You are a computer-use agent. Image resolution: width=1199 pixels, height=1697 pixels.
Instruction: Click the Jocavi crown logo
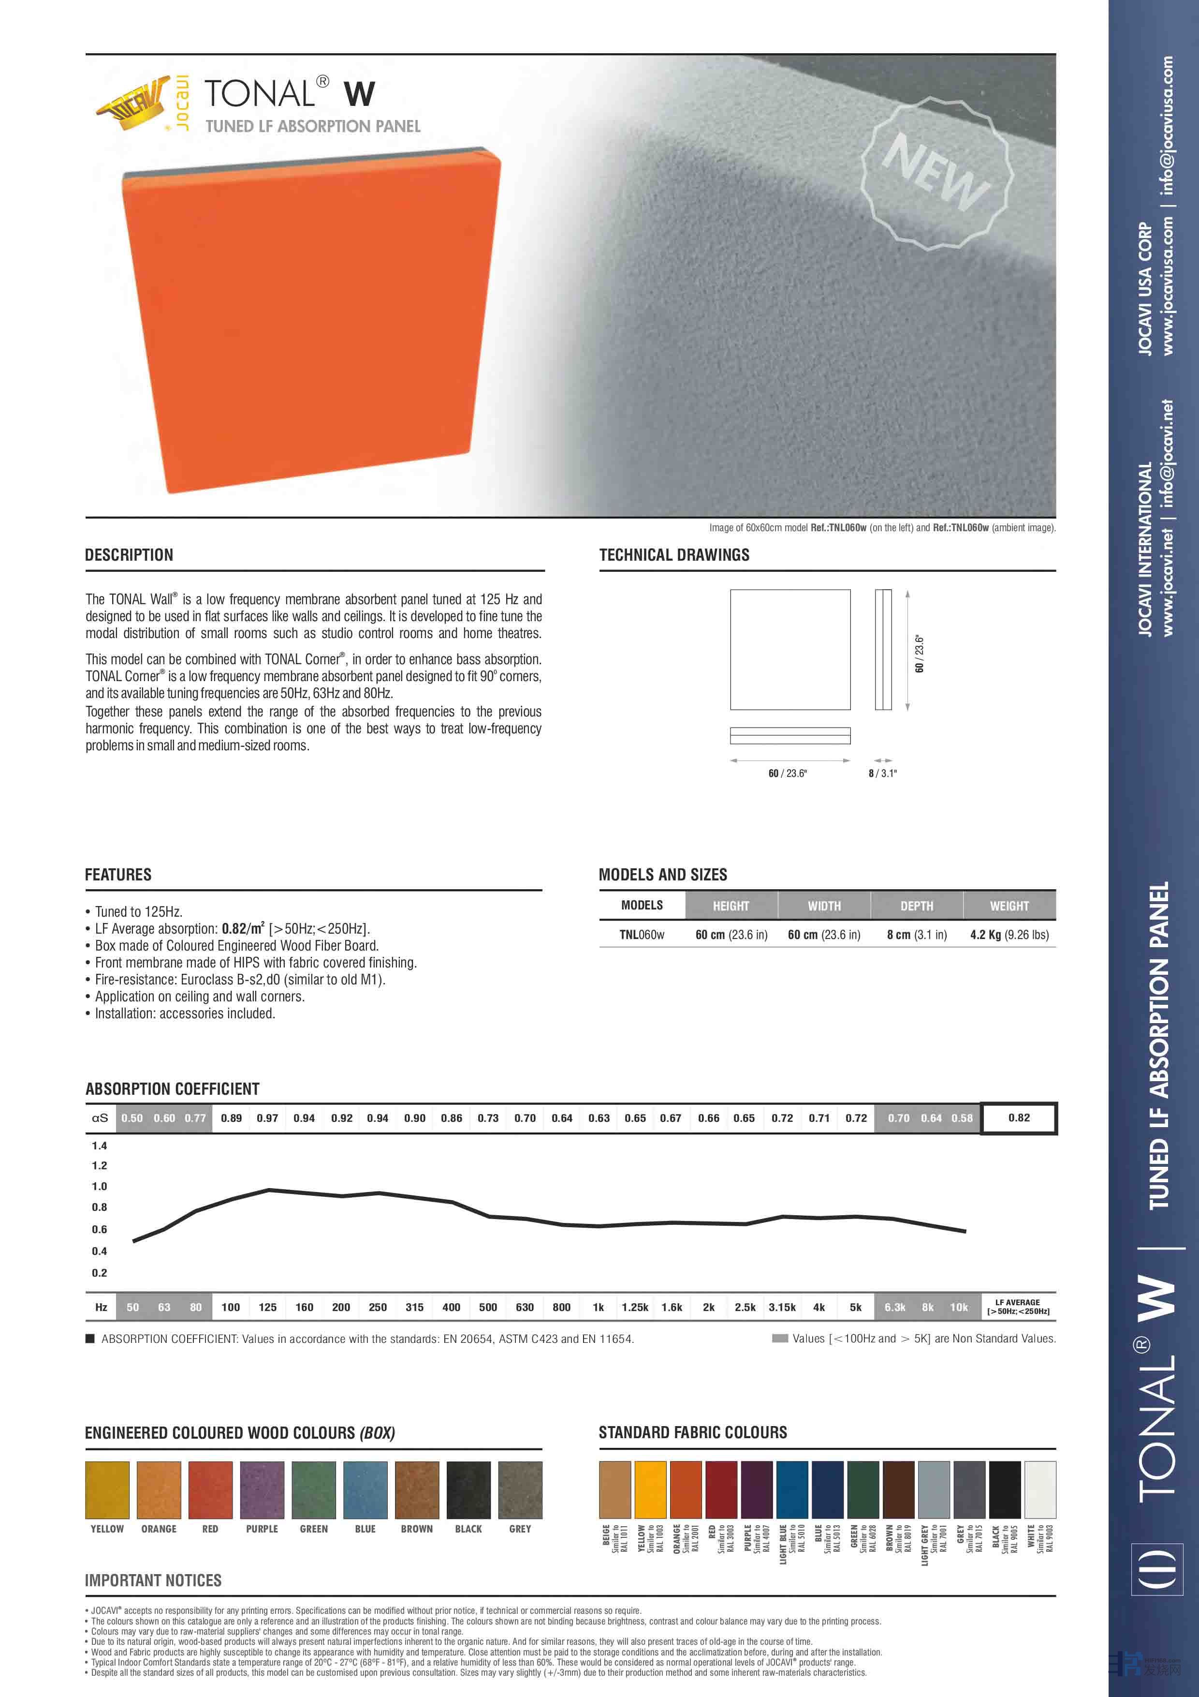tap(132, 105)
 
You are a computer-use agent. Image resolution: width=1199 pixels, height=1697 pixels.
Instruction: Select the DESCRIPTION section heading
tap(129, 555)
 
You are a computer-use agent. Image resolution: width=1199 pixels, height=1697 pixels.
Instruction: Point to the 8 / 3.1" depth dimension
tap(883, 773)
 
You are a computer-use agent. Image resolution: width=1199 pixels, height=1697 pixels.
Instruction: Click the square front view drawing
tap(790, 649)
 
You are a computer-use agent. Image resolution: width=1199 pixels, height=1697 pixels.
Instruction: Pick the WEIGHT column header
tap(1009, 906)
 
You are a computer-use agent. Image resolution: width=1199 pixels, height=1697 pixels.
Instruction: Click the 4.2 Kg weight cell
tap(1009, 934)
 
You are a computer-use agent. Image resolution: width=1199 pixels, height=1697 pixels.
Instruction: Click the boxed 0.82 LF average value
tap(1019, 1117)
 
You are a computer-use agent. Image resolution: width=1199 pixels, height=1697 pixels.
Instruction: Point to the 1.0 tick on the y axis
tap(100, 1186)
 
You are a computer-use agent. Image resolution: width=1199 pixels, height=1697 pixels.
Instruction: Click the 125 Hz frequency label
tap(267, 1307)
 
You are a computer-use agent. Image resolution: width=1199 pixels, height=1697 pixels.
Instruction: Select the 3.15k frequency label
tap(782, 1307)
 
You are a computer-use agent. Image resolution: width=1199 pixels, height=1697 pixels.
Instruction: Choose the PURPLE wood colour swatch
tap(262, 1490)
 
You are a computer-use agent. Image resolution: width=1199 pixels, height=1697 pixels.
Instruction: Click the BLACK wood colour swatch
tap(468, 1490)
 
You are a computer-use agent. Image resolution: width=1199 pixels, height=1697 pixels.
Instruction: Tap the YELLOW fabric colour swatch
tap(650, 1489)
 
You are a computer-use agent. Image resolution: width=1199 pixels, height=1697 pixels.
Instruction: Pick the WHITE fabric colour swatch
tap(1039, 1489)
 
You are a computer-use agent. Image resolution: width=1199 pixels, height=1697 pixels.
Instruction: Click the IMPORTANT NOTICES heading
tap(153, 1580)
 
